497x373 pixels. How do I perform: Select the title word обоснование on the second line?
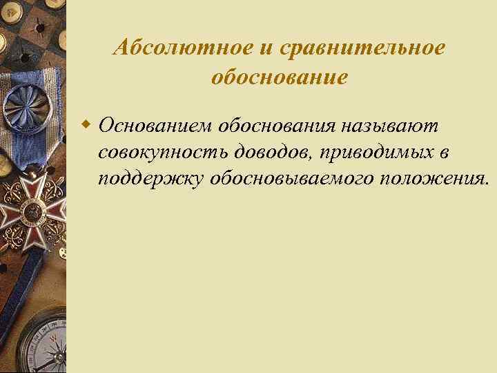click(x=279, y=77)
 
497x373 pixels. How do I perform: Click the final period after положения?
click(x=487, y=184)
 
